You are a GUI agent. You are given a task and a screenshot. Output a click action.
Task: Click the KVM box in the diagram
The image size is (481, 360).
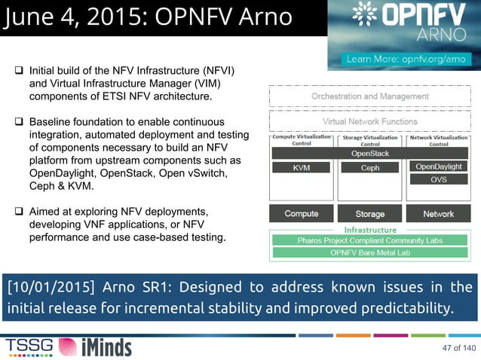[301, 168]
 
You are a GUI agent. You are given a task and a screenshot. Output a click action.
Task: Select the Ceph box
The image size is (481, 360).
[369, 168]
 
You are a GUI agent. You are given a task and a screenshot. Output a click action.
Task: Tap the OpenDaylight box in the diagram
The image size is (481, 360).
[439, 166]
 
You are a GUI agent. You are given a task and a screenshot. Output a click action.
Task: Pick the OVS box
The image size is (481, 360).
[439, 180]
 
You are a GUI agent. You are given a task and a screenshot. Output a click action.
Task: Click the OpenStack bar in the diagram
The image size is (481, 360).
[369, 153]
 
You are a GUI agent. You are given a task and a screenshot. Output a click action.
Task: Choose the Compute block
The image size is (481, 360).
[301, 214]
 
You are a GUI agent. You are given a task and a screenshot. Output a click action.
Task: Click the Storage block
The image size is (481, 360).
[369, 214]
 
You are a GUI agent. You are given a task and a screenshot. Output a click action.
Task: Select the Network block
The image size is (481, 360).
[439, 214]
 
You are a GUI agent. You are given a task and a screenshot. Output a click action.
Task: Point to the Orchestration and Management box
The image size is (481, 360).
[369, 96]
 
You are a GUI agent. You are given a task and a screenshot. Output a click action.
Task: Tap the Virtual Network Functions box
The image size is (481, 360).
[369, 121]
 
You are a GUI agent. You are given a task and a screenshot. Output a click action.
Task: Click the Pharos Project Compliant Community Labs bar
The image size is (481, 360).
[369, 240]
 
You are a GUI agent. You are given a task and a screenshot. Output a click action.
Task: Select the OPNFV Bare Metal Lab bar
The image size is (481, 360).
[369, 252]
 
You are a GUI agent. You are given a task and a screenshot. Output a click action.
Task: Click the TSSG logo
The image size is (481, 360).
[30, 346]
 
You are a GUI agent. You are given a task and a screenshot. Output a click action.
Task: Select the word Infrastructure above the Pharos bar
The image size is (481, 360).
[369, 229]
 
